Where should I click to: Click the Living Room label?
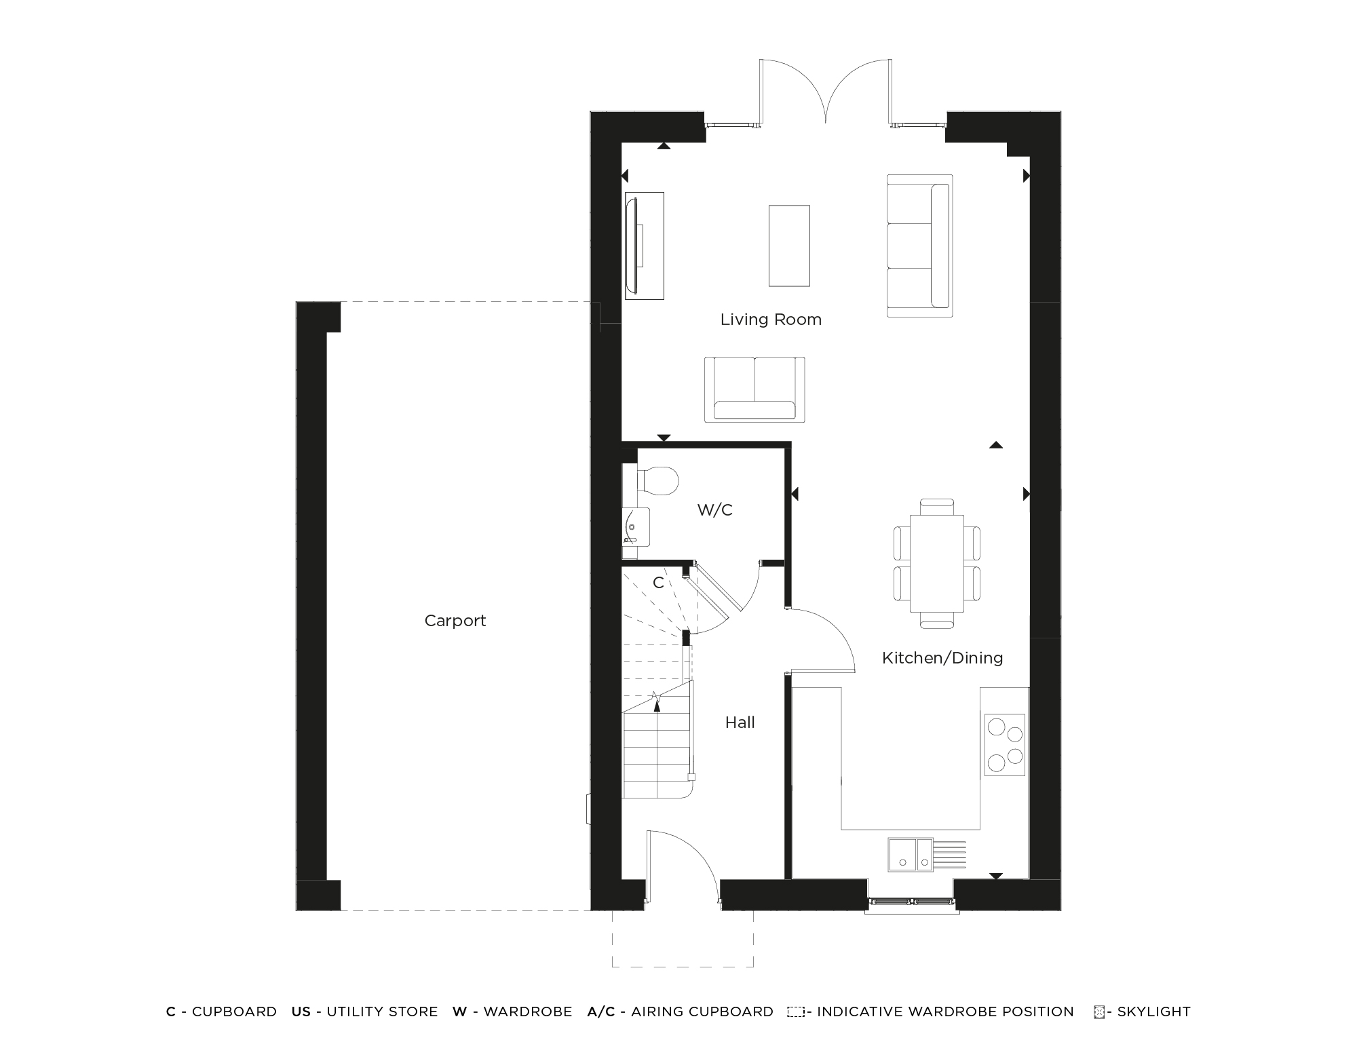pos(771,320)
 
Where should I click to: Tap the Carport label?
pos(455,621)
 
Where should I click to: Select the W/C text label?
pos(714,510)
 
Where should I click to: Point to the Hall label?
pos(740,723)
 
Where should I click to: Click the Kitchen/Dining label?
pos(942,657)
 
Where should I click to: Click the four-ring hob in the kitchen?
pos(1005,744)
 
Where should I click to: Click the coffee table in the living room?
pos(789,246)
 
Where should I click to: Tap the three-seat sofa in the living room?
pos(919,246)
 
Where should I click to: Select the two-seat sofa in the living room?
pos(754,389)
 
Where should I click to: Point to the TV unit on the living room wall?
pos(644,246)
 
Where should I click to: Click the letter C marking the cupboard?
pos(657,583)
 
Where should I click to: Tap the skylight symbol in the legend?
pos(1099,1012)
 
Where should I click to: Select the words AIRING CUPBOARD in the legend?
pos(702,1012)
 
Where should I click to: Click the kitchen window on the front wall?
pos(911,902)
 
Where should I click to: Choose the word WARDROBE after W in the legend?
pos(527,1012)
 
